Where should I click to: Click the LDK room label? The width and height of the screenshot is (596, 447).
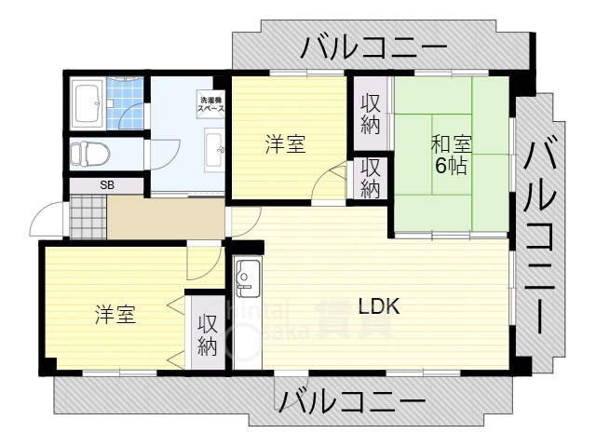point(380,305)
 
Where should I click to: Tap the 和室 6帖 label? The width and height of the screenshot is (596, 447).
point(451,156)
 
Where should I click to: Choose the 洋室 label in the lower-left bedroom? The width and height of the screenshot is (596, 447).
point(115,315)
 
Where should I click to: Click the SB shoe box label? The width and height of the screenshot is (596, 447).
point(107,185)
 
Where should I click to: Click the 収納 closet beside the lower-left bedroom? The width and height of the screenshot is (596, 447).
point(208,336)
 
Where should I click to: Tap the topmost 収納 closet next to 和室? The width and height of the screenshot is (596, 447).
point(371,113)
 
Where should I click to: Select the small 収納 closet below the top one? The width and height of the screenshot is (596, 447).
point(371,177)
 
